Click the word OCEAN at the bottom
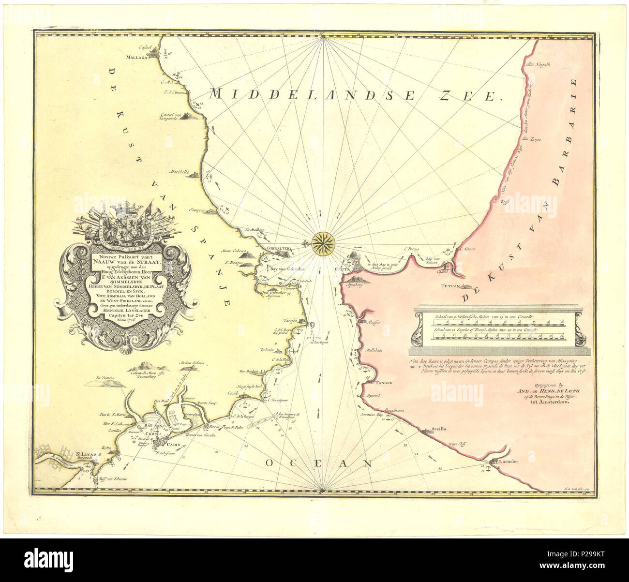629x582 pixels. tap(320, 463)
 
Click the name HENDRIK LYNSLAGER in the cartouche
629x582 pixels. tap(125, 310)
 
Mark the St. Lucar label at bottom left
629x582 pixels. tap(87, 454)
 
